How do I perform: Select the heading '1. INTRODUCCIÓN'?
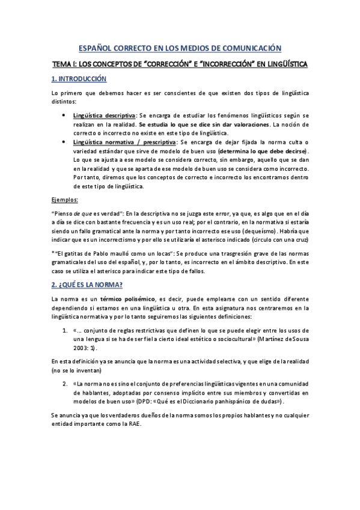click(78, 79)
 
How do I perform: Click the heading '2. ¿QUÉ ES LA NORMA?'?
click(88, 284)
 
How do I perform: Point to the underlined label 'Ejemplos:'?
click(64, 199)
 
